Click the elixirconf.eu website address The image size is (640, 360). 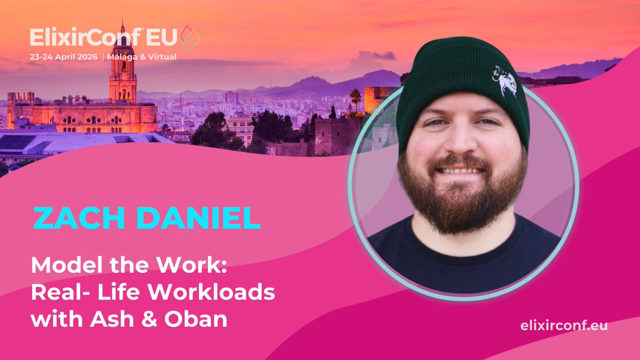564,326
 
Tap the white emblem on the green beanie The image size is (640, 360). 505,80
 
